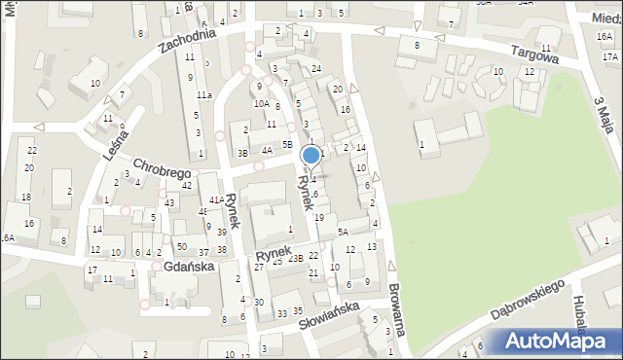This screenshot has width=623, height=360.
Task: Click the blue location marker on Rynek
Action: pos(311,155)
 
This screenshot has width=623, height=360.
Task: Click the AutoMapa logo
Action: pos(554,342)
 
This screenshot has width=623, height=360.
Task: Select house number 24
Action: pos(316,68)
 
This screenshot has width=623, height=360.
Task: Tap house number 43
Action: pos(170,201)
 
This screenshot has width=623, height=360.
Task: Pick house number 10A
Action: pos(261,103)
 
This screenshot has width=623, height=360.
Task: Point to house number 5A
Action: pos(343,232)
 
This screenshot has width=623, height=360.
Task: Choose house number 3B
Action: pos(243,153)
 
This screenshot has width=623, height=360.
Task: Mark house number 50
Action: pos(182,247)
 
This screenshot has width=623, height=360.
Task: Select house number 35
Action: pos(304,309)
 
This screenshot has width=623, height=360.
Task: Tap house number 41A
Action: pos(216,199)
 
